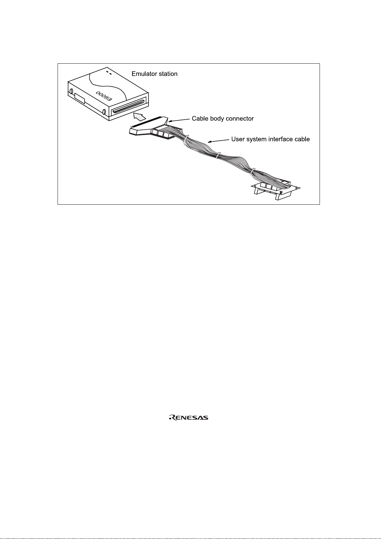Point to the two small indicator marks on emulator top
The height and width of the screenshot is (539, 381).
pyautogui.click(x=109, y=73)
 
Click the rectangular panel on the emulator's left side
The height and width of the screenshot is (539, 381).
pyautogui.click(x=80, y=98)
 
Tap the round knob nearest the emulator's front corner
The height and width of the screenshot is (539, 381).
pyautogui.click(x=104, y=112)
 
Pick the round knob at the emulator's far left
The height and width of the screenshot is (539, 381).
pyautogui.click(x=71, y=91)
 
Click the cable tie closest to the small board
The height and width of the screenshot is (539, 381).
pyautogui.click(x=252, y=172)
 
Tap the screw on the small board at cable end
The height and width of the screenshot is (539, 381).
pyautogui.click(x=281, y=192)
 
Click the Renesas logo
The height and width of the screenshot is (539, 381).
pyautogui.click(x=188, y=418)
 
